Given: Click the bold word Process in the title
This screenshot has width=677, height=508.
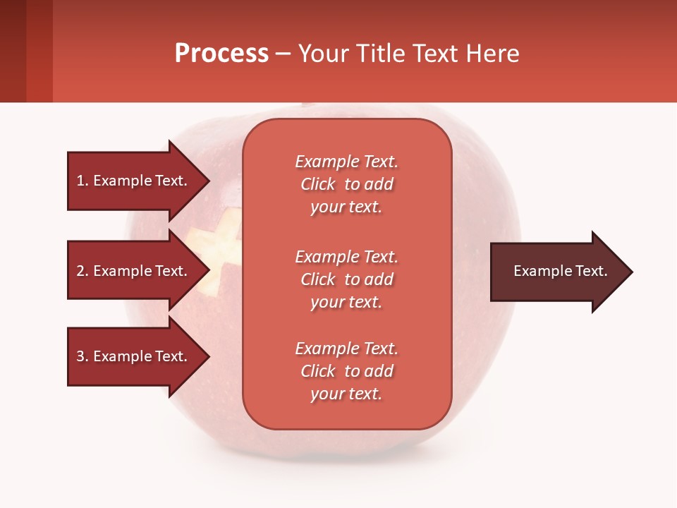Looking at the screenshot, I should pos(221,54).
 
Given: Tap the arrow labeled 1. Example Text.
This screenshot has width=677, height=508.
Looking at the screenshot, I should pos(134,181).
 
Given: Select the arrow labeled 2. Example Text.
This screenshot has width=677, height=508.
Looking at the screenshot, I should pos(134,271).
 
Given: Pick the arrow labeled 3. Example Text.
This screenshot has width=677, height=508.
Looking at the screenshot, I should pos(134,356).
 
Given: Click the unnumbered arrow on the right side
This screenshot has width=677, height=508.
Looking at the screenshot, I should pos(557,272).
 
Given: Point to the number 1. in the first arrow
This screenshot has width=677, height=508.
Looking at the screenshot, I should pos(83,181).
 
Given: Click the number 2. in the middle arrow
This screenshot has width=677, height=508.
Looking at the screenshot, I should pos(83,271).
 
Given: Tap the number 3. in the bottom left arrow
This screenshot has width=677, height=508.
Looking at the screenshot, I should pos(83,356).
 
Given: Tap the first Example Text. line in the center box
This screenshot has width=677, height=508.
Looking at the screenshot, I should pos(346,162).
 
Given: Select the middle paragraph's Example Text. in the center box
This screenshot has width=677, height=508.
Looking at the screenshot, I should pos(346,257).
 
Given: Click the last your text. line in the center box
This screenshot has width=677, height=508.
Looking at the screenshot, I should pos(346,394).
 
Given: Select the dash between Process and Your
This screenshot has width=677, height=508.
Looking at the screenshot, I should pos(283,54).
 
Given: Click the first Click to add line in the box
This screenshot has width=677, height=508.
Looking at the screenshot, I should pos(346,184).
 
